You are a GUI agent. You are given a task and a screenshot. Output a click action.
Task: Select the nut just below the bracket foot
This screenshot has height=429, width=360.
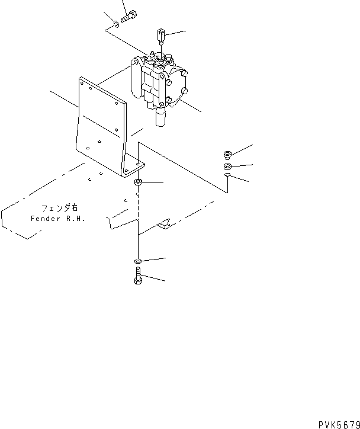tap(138, 182)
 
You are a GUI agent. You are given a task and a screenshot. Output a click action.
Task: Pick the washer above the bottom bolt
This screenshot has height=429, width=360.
tap(137, 261)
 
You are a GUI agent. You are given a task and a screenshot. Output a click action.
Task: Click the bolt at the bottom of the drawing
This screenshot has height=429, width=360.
tap(138, 276)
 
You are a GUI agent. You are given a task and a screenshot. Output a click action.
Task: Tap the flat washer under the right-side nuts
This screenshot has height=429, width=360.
tap(228, 177)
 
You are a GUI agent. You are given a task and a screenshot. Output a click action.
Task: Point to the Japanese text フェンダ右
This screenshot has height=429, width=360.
tap(59, 209)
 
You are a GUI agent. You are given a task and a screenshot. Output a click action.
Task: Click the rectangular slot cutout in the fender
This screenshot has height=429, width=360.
tap(166, 223)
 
